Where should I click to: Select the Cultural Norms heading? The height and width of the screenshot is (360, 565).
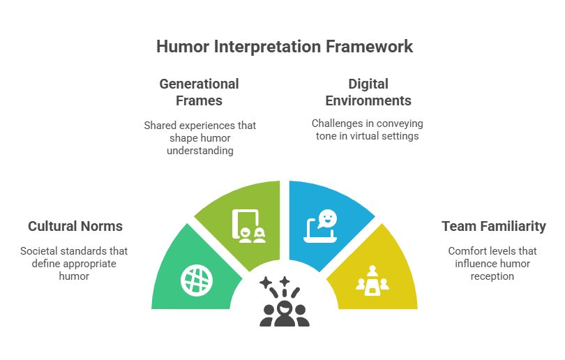point(75,226)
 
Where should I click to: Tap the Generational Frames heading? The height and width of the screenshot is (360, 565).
point(199,92)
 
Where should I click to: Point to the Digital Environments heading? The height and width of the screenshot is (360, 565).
point(368,92)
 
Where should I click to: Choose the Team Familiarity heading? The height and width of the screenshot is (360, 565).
point(494,226)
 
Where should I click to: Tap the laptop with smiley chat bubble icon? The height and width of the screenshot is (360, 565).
point(321,226)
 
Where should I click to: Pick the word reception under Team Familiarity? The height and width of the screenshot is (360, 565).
point(492,276)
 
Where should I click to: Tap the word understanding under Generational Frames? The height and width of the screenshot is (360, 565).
point(200,151)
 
